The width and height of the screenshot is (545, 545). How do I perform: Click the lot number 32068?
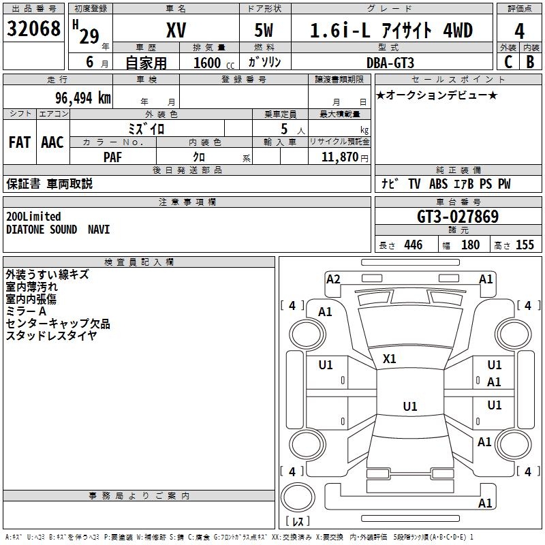pos(33,29)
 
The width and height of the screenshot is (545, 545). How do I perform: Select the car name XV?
pos(176,30)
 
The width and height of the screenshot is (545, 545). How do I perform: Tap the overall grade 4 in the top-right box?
pos(520,31)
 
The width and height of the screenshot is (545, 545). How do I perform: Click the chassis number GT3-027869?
pos(457,217)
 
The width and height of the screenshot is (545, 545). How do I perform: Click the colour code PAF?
pos(113,157)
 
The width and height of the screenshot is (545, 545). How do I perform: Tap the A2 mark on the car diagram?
pos(333,279)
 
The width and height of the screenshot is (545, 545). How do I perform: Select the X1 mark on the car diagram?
pos(390,358)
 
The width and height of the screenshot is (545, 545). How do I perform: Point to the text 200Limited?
pos(33,217)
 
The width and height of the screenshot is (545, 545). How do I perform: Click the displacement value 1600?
pos(207,63)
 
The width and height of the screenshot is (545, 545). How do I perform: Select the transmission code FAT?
pos(19,142)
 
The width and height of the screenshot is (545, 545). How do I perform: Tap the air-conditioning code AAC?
pos(52,142)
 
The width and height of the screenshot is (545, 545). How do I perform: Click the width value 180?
pos(470,245)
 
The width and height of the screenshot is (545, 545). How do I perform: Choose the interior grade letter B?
pos(530,62)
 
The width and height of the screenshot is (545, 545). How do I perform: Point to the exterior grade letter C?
pos(508,62)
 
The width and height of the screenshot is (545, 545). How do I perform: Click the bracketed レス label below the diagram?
pos(297,522)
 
